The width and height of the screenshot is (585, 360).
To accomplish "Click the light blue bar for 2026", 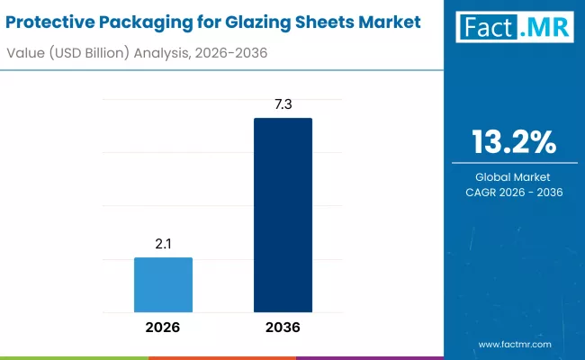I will (x=163, y=283).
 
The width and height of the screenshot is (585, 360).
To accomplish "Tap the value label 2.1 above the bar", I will (x=163, y=244).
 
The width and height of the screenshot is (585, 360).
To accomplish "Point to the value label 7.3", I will (x=283, y=104).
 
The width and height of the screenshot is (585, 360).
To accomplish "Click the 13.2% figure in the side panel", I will (x=514, y=141).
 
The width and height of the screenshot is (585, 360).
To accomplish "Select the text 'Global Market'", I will (x=514, y=176).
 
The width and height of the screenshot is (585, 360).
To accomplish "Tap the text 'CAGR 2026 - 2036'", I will (x=514, y=193).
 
